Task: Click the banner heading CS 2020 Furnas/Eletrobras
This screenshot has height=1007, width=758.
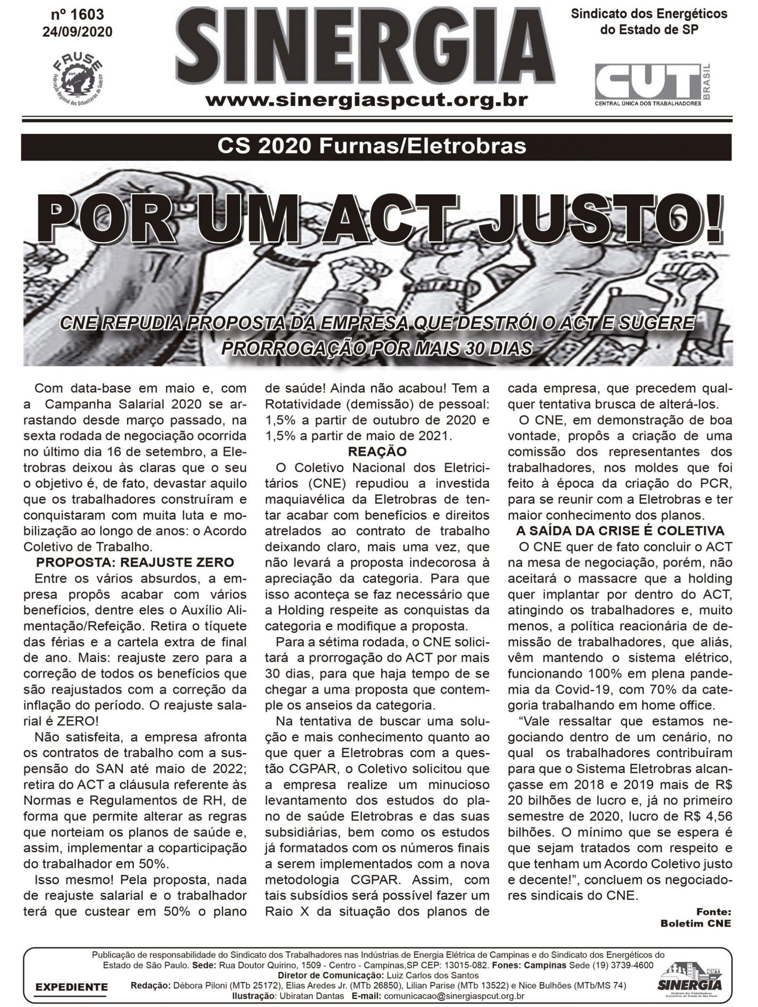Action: click(372, 146)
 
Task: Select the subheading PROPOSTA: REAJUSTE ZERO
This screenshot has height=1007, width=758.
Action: click(135, 562)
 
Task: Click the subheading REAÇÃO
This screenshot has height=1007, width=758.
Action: click(377, 452)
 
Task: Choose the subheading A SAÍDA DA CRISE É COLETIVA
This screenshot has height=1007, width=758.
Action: click(620, 531)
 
